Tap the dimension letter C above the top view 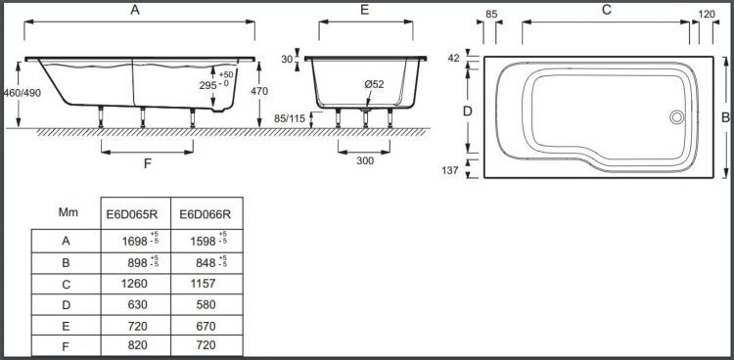pyautogui.click(x=606, y=10)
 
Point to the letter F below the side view pyautogui.click(x=148, y=164)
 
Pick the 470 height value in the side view pyautogui.click(x=258, y=91)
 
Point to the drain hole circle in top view pyautogui.click(x=676, y=117)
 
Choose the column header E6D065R pyautogui.click(x=133, y=213)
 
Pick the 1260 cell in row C pyautogui.click(x=133, y=284)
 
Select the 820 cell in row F pyautogui.click(x=133, y=347)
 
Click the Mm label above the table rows pyautogui.click(x=68, y=211)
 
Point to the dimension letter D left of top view pyautogui.click(x=467, y=112)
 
